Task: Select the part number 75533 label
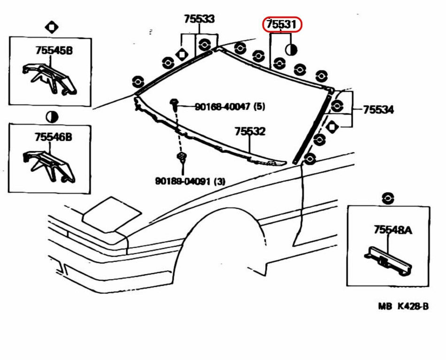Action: (x=199, y=19)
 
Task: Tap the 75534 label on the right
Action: (x=378, y=110)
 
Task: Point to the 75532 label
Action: (x=250, y=131)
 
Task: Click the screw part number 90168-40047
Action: (x=223, y=107)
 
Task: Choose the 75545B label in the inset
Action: (x=54, y=51)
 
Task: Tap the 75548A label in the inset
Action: (x=393, y=230)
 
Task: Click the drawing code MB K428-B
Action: (x=403, y=306)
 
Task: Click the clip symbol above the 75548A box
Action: (x=388, y=198)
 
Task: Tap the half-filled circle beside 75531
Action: (x=291, y=48)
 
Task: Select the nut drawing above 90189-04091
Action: (x=181, y=157)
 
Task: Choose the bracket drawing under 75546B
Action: (x=49, y=164)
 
